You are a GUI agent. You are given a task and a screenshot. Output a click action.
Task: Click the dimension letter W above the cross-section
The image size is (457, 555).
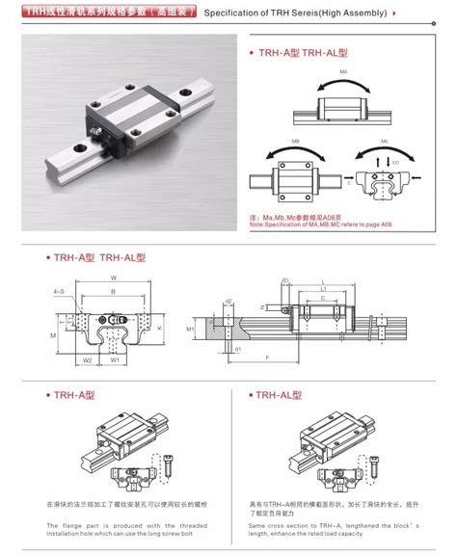113,279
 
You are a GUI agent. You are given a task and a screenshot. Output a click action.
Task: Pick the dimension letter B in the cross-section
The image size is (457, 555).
113,290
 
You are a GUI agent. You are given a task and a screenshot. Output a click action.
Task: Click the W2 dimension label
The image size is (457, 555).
86,361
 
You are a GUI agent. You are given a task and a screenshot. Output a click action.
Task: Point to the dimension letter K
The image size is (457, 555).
156,327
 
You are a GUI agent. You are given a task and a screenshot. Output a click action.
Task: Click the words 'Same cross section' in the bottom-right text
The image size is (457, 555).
279,525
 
